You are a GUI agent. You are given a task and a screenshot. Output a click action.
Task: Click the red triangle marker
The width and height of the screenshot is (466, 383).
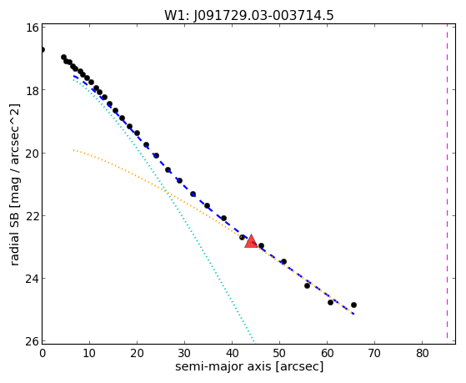tap(251, 241)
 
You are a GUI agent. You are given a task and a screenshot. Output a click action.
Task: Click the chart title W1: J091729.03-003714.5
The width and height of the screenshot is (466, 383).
tap(249, 15)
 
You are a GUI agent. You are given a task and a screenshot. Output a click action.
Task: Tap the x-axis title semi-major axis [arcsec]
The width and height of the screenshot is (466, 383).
tap(249, 366)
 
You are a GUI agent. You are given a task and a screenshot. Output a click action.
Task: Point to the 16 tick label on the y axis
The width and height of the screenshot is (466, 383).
tap(32, 28)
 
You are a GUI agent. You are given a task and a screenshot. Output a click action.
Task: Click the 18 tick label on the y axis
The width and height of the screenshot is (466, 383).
tap(32, 90)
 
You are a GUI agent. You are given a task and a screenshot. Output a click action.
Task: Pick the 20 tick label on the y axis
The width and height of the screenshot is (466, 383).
tap(32, 154)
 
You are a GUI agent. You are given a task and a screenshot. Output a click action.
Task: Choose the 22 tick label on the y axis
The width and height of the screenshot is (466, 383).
tap(32, 216)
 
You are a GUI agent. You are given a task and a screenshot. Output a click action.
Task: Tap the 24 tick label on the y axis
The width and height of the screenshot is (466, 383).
tap(32, 279)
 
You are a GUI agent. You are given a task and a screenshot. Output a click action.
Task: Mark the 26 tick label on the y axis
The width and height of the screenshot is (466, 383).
tap(32, 341)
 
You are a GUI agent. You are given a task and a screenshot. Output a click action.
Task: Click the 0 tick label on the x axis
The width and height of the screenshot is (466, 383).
tap(43, 353)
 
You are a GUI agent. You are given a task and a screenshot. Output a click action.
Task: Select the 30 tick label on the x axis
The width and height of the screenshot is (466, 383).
tap(184, 353)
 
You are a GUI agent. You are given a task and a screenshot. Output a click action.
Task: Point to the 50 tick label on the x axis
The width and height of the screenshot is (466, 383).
tap(279, 353)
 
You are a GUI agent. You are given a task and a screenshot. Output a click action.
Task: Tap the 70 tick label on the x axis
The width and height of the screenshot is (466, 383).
tap(374, 353)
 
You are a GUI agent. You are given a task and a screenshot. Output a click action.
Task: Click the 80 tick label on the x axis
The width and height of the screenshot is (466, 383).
tap(422, 353)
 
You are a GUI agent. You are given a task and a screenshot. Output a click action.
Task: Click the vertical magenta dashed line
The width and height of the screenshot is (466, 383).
tap(447, 182)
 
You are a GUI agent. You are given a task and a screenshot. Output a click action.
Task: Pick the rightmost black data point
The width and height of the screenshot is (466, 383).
tap(353, 305)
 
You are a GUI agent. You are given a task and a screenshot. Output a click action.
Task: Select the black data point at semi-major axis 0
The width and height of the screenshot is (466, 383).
tap(43, 50)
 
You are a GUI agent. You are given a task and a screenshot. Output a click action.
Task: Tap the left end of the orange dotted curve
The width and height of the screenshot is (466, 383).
tap(73, 150)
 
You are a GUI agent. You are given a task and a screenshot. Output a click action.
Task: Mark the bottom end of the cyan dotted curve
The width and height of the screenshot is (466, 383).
tap(254, 341)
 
